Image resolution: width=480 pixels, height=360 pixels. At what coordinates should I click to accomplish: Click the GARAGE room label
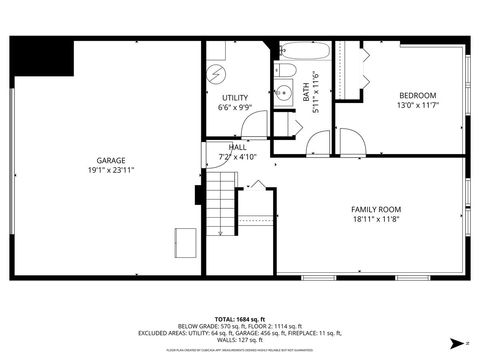[x=110, y=160]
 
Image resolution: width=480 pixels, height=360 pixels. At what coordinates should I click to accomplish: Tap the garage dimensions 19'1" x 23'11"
[x=110, y=170]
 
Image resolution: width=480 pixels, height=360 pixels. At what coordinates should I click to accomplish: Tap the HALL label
[x=238, y=147]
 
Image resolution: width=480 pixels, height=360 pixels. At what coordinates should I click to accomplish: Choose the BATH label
[x=307, y=93]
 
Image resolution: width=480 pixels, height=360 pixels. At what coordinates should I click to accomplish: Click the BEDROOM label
[x=417, y=96]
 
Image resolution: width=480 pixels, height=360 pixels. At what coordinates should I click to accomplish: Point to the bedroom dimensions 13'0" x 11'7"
[x=417, y=106]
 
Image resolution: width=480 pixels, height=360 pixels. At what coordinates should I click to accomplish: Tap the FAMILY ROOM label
[x=375, y=209]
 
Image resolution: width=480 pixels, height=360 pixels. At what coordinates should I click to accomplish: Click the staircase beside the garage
[x=220, y=205]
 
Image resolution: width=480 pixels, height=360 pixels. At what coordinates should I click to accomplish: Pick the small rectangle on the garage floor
[x=186, y=240]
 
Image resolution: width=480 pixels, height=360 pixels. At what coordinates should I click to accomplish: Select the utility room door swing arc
[x=255, y=125]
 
